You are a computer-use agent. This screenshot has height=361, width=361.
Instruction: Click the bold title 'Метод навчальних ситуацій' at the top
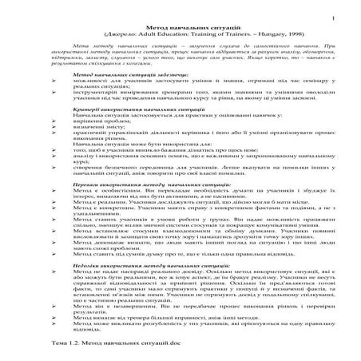pos(180,28)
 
